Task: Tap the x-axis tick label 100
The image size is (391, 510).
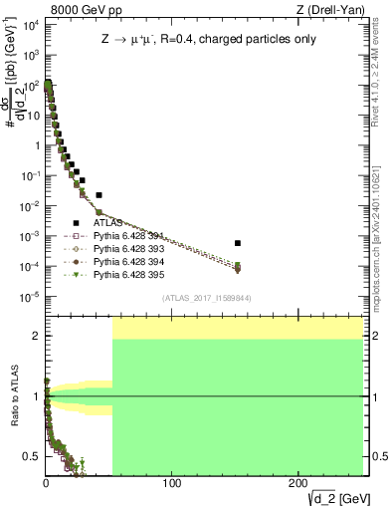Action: (x=172, y=483)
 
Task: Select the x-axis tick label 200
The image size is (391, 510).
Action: (x=298, y=483)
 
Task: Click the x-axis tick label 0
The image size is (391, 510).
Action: (x=46, y=483)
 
